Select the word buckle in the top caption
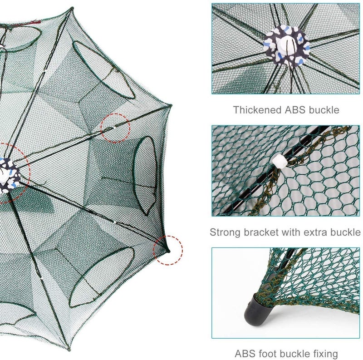324,110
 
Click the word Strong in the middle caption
223,232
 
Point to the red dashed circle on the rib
115,127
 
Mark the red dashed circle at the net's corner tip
168,250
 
